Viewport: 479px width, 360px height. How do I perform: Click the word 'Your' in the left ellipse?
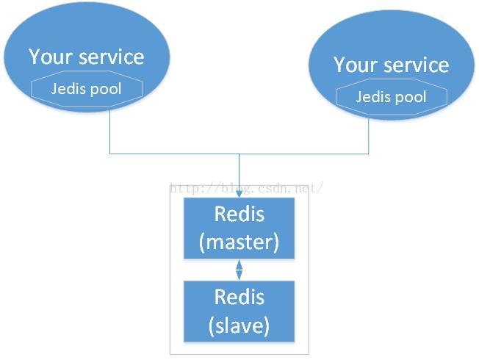(51, 57)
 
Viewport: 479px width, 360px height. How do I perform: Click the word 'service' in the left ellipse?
(112, 57)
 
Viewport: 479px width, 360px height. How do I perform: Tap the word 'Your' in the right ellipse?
(356, 65)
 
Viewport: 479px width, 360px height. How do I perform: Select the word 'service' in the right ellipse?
(417, 65)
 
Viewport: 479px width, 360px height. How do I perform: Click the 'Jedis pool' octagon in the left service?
(87, 89)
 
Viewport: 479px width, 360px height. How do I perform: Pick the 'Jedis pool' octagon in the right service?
(392, 97)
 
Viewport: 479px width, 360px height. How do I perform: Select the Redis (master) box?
(239, 228)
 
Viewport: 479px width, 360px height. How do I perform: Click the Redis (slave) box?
(239, 312)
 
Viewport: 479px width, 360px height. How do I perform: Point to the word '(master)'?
(239, 242)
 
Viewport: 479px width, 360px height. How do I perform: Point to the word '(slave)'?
(239, 325)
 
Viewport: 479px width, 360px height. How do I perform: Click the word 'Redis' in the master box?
(239, 214)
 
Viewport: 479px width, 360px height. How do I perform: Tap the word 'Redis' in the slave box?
(239, 297)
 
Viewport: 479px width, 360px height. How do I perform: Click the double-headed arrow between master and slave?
(239, 270)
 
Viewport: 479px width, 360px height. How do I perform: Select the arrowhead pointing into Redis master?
(239, 193)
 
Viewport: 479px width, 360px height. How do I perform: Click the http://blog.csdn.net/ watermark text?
(246, 188)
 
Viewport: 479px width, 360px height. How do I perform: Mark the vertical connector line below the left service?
(110, 132)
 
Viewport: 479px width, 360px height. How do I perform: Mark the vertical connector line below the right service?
(368, 136)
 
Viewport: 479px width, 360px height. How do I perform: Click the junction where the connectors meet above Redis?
(239, 154)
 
